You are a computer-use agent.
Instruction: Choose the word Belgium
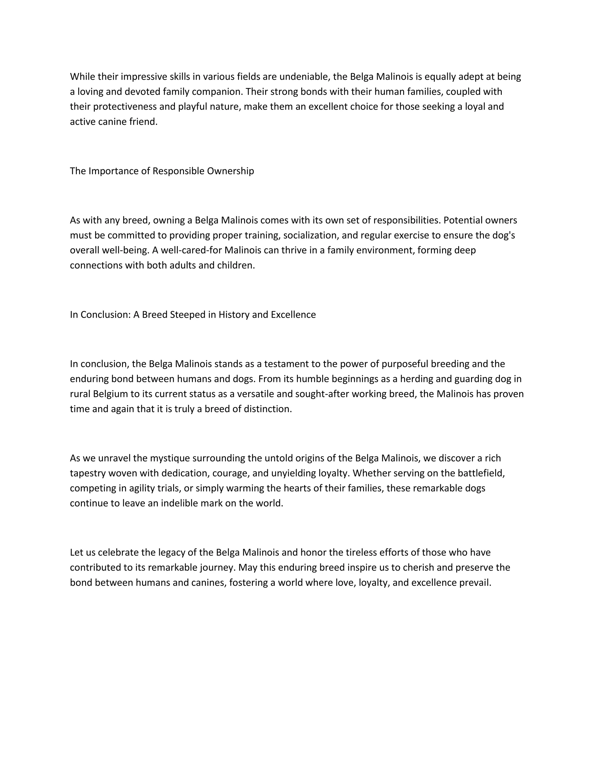[111, 394]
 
